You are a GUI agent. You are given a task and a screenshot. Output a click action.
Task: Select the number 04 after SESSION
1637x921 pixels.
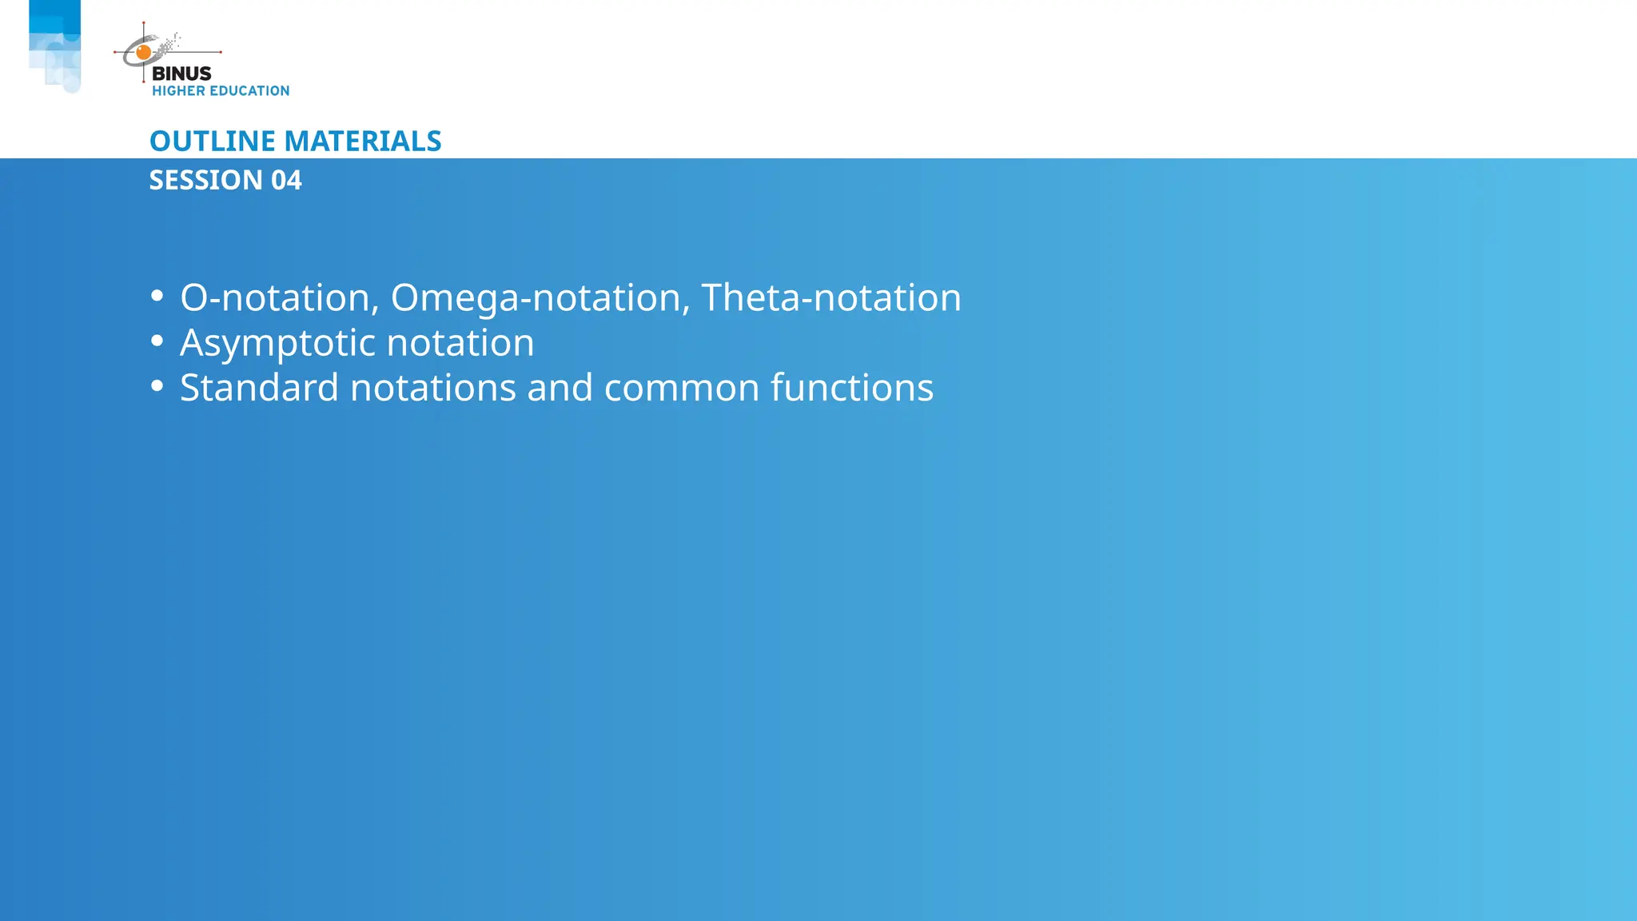pos(286,181)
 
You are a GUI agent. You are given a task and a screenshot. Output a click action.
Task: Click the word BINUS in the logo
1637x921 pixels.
pos(181,74)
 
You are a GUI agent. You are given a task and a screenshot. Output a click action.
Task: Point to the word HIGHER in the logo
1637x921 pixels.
pos(178,91)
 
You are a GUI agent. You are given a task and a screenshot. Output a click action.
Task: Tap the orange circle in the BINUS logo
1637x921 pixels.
pos(144,53)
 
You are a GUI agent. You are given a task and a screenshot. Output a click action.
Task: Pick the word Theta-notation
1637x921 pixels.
pos(831,297)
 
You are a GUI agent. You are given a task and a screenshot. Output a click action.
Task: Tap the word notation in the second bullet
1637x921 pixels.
pos(460,343)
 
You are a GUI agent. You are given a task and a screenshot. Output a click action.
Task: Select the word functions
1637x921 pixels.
pos(852,388)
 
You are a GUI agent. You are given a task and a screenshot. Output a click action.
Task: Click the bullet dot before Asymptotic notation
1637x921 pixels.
pos(157,341)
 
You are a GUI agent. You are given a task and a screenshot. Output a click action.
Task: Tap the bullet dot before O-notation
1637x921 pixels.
pos(157,297)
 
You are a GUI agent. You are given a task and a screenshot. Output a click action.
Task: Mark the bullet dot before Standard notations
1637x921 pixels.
pos(157,386)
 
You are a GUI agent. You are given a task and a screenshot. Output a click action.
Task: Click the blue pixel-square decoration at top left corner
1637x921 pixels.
pos(54,44)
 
